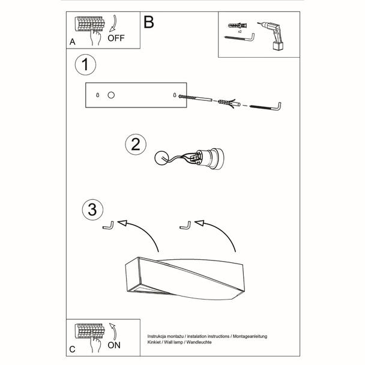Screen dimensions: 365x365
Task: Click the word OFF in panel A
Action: [116, 38]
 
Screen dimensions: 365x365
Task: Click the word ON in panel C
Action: [114, 345]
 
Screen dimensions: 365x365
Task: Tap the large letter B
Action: [149, 22]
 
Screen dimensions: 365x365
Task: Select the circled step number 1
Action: [85, 64]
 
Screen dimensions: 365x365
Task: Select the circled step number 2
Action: [136, 144]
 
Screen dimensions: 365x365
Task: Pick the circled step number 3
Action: [92, 210]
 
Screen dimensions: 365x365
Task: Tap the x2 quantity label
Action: [240, 31]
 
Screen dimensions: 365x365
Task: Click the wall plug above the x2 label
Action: [238, 25]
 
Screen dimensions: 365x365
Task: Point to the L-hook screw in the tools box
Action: [240, 39]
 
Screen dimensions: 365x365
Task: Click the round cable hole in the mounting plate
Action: [111, 95]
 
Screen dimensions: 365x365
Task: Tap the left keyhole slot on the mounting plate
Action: [98, 95]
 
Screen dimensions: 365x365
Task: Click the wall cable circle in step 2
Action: [161, 158]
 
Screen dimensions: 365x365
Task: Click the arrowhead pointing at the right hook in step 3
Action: [199, 223]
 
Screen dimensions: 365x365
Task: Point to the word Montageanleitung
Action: [250, 336]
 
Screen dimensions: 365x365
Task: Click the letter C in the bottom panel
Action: [72, 349]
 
